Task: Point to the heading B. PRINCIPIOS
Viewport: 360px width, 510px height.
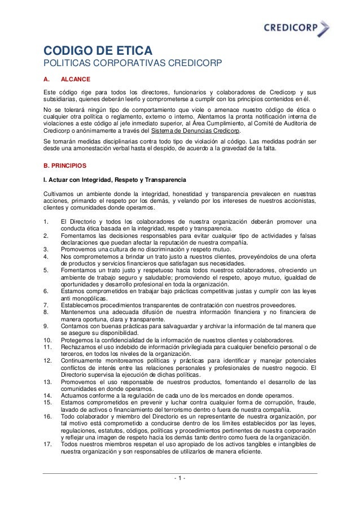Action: pos(65,167)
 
